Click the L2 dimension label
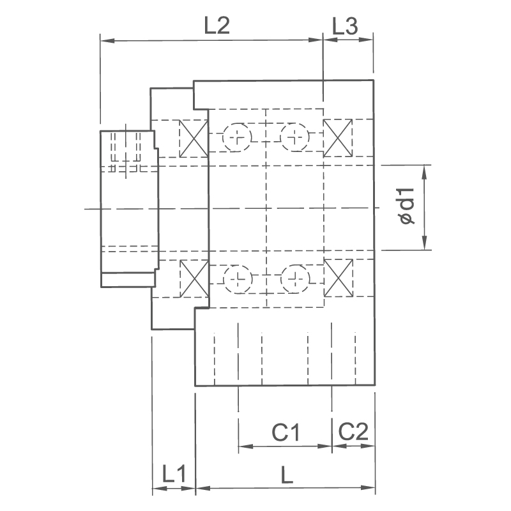(217, 26)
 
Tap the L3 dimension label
(345, 26)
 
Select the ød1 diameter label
(407, 206)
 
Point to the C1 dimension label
(286, 432)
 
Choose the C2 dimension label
(353, 432)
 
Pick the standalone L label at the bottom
(287, 475)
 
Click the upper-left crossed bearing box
(194, 139)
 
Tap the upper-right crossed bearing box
(338, 138)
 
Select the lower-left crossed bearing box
(194, 278)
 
